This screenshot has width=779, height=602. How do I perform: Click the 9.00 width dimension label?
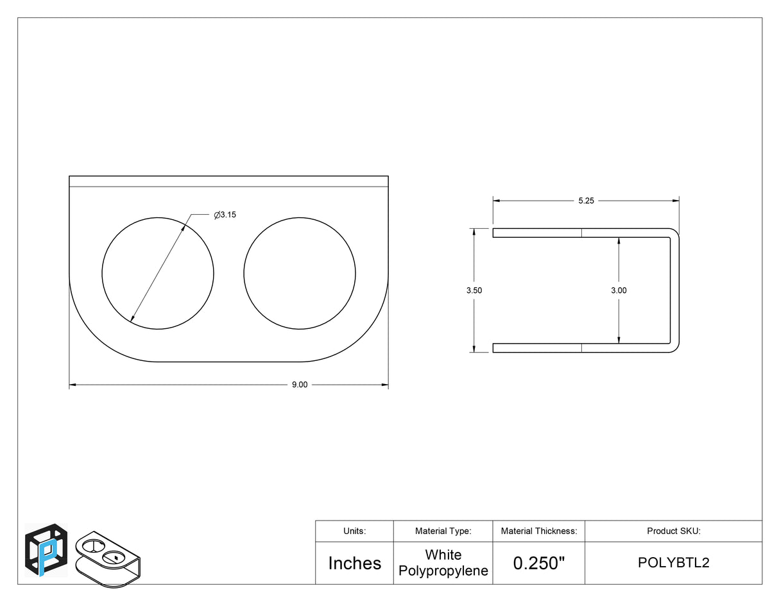click(x=299, y=385)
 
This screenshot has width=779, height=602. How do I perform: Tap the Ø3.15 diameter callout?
click(x=225, y=215)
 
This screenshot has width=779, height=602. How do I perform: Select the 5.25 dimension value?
click(x=586, y=201)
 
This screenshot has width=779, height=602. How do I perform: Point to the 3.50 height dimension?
click(x=474, y=290)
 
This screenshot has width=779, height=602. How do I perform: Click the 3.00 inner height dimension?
click(x=619, y=290)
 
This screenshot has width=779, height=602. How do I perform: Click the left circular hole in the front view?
click(x=102, y=273)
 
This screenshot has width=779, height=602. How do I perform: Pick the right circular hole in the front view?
click(x=244, y=273)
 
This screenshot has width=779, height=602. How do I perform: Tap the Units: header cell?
click(x=355, y=531)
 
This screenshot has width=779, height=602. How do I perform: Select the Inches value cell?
click(x=355, y=564)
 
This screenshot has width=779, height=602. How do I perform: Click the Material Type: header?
click(x=443, y=531)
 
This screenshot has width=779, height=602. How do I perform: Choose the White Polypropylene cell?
click(x=443, y=563)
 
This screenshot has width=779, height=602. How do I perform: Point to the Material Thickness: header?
click(x=539, y=531)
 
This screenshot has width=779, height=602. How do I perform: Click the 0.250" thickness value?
click(x=539, y=563)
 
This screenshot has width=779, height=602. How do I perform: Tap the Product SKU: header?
click(x=674, y=531)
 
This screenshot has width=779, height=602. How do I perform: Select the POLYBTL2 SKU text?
click(x=674, y=563)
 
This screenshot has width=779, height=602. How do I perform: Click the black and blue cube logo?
click(x=46, y=551)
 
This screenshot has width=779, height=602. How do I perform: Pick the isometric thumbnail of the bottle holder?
click(x=108, y=560)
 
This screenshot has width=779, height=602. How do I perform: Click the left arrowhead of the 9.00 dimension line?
click(x=72, y=385)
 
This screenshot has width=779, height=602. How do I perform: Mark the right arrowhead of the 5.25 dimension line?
click(x=676, y=201)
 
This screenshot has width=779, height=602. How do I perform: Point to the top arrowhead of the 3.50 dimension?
click(x=474, y=231)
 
